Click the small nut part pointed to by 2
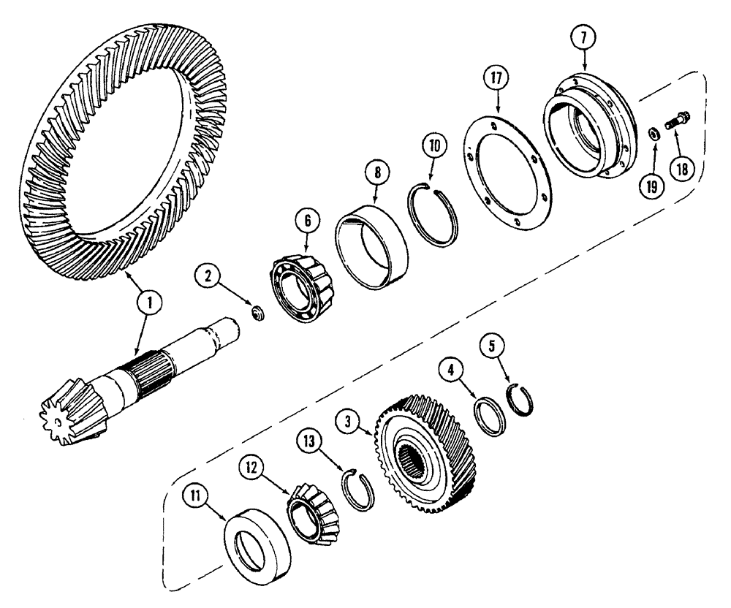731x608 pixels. tap(256, 313)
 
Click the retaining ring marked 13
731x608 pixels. tap(359, 487)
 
